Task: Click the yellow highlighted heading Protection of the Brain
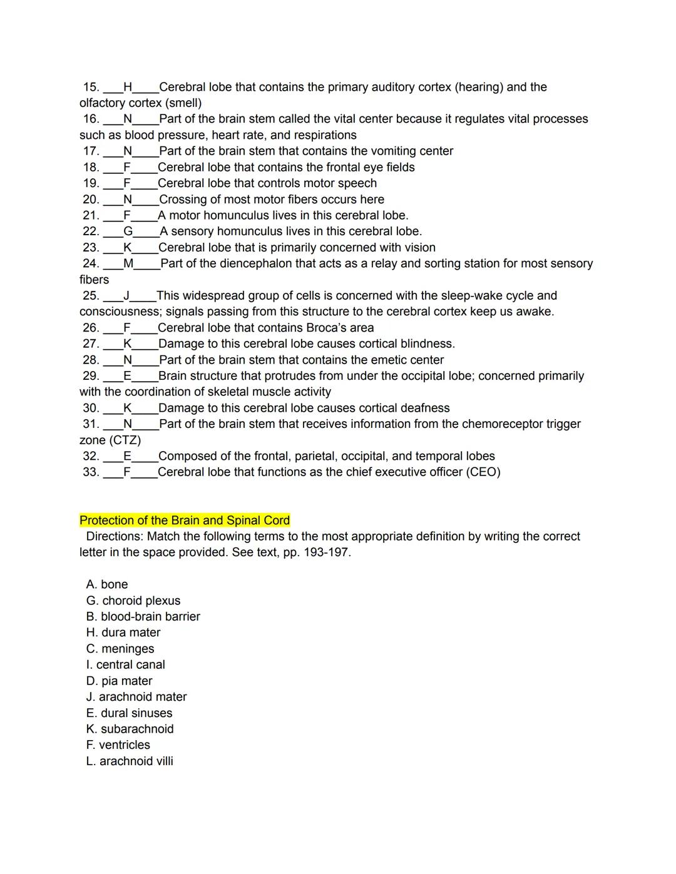point(185,521)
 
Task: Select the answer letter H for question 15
point(128,87)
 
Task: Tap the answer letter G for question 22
point(128,231)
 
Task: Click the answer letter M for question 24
point(128,263)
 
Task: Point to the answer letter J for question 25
point(126,295)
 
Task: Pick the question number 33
point(91,472)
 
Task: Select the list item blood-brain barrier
point(150,617)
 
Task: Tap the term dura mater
point(131,633)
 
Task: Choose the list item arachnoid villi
point(136,761)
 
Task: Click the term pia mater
point(126,681)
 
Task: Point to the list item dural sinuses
point(136,713)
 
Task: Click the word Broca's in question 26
point(331,328)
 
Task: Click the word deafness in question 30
point(425,409)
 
